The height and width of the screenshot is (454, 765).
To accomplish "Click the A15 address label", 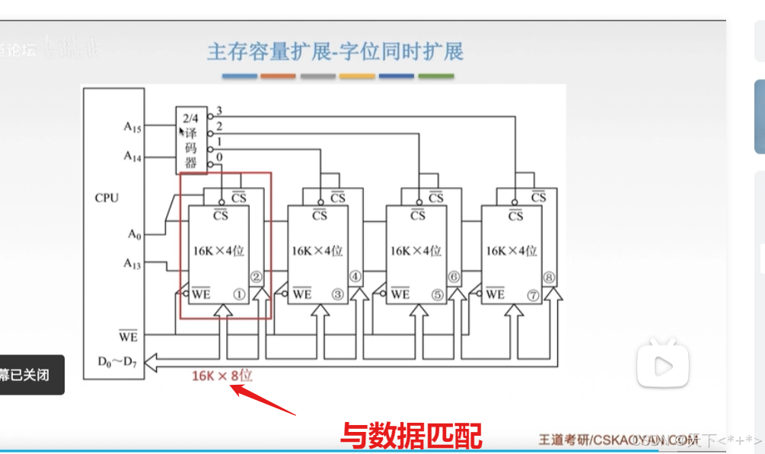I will click(132, 127).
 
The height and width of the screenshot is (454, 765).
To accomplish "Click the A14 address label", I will click(132, 156).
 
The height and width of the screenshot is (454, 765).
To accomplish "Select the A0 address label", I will click(133, 234).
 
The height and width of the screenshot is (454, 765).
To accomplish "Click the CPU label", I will click(107, 198).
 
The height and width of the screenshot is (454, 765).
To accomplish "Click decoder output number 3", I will click(219, 111).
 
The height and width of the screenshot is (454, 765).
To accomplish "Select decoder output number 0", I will click(219, 157).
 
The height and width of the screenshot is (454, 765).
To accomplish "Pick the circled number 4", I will click(355, 277).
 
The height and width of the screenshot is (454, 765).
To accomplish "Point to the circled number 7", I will click(533, 294).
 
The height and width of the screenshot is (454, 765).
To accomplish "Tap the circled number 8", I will click(550, 277).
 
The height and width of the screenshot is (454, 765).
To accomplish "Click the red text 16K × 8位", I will click(222, 375).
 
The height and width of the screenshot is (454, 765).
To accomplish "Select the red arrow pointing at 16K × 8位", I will click(262, 401).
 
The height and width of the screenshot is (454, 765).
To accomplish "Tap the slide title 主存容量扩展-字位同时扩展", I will click(335, 52).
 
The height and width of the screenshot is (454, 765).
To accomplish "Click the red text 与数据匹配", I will click(410, 436).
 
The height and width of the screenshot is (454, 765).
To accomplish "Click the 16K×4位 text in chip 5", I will click(416, 250).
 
